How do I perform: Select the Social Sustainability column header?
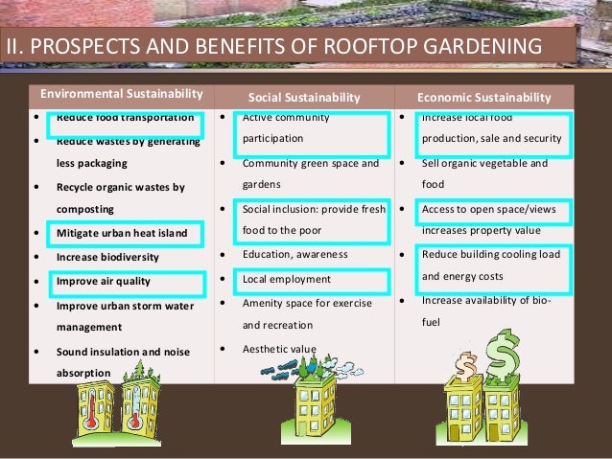tap(304, 98)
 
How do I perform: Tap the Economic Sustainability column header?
tap(484, 98)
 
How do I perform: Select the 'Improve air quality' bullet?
tap(103, 282)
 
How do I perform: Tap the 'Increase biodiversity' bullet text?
tap(107, 257)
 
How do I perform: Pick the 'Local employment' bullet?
tap(287, 280)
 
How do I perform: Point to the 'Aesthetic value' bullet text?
tap(280, 348)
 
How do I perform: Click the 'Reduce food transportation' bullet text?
tap(125, 119)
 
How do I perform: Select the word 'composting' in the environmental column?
tap(85, 209)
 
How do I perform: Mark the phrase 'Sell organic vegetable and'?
tap(484, 164)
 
